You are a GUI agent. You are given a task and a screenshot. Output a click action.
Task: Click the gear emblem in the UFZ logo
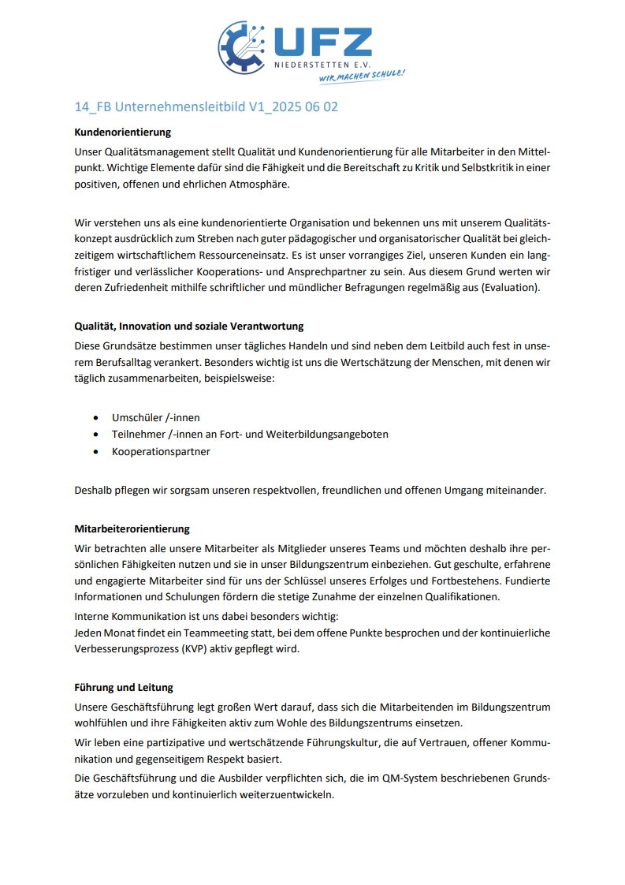point(242,47)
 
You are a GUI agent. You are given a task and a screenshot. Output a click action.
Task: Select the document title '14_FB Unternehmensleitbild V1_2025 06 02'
point(206,106)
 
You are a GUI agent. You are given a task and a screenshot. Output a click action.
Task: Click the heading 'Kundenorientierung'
point(122,133)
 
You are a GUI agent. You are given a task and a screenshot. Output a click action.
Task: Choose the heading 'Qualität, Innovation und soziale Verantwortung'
point(188,327)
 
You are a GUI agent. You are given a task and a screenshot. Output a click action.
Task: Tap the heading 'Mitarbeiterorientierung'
point(132,528)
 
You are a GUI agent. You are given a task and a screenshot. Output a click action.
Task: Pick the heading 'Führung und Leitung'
point(124,688)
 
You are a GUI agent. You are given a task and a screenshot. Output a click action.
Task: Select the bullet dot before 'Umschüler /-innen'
point(95,417)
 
